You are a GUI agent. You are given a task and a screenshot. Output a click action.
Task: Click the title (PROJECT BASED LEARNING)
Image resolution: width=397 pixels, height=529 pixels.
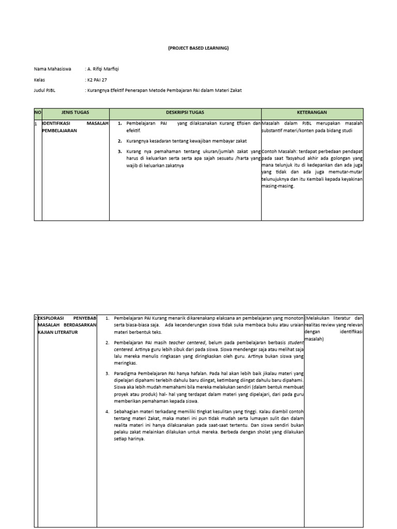[198, 48]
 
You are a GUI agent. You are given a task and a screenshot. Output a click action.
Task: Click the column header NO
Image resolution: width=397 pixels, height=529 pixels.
[37, 112]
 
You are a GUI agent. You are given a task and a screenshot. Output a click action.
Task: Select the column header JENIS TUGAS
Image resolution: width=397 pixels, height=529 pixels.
[75, 112]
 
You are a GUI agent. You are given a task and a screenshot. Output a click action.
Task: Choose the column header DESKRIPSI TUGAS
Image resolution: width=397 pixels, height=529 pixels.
[185, 112]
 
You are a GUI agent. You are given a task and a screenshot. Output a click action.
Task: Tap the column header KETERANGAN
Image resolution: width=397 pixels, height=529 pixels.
[312, 112]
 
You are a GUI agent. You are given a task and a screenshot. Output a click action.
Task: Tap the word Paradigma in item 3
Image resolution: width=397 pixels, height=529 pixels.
[125, 372]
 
